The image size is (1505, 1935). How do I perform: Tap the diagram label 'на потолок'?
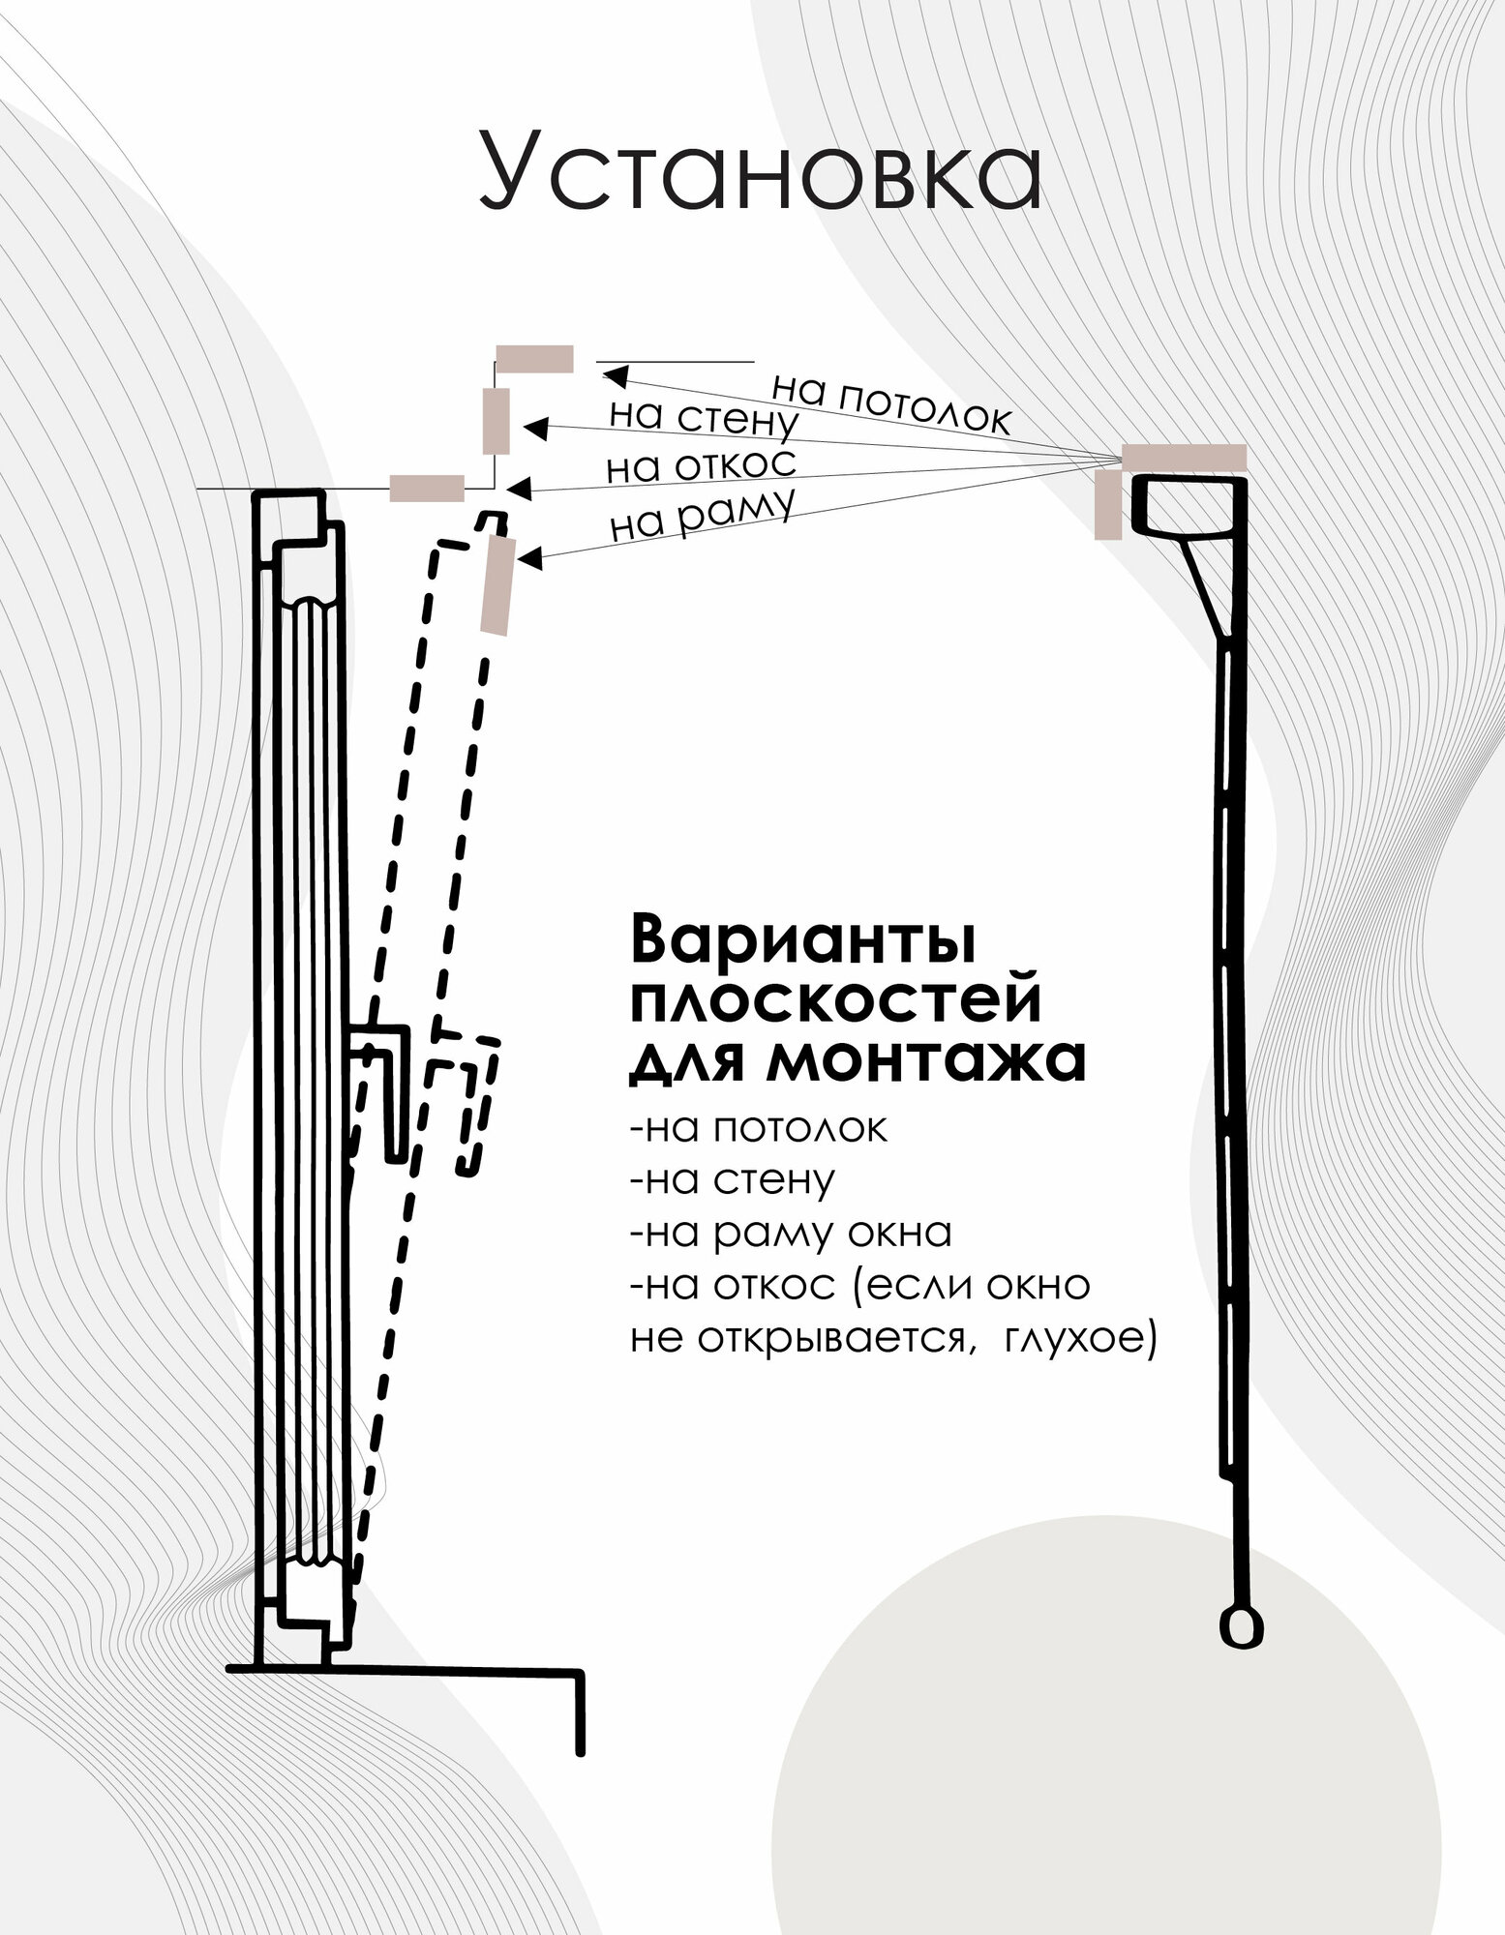890,401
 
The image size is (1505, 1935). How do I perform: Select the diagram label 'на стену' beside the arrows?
704,417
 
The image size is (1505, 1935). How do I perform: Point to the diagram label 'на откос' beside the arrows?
701,465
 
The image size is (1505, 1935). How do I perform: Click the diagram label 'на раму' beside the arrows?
703,515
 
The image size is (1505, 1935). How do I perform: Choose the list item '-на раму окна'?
791,1233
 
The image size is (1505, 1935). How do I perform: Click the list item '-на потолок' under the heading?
758,1128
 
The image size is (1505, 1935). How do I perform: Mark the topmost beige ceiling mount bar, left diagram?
534,359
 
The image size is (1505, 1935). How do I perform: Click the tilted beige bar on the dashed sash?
497,586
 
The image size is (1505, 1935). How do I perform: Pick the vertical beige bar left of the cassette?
1108,504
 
